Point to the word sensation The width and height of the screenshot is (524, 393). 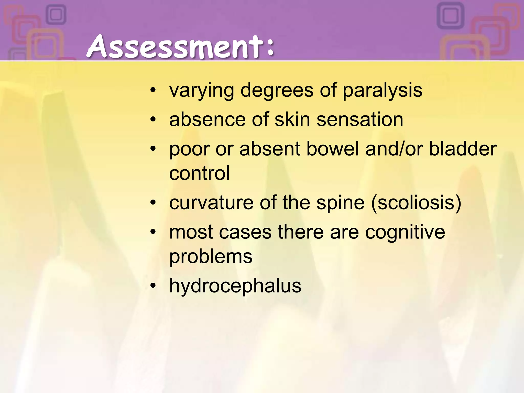coord(360,119)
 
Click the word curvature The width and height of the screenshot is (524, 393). coord(211,202)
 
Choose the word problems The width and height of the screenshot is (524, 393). coord(211,257)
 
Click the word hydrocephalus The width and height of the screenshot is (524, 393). coord(235,286)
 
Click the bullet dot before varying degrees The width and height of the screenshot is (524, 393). coord(153,90)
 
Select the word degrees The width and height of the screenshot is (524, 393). coord(277,91)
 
